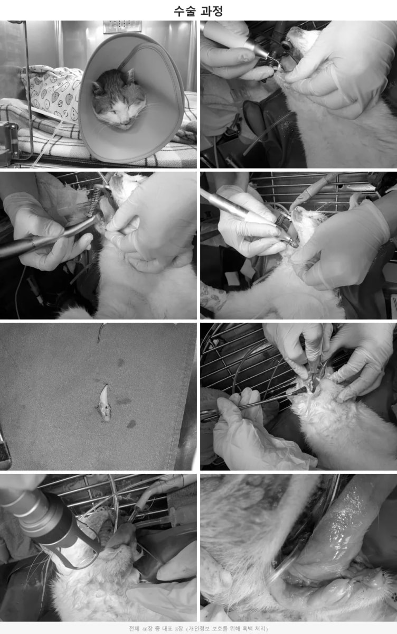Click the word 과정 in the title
pyautogui.click(x=212, y=11)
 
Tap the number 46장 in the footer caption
pyautogui.click(x=147, y=629)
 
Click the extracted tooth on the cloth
pyautogui.click(x=104, y=402)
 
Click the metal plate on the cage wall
pyautogui.click(x=122, y=26)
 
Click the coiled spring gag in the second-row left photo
pyautogui.click(x=94, y=202)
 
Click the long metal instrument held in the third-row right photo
pyautogui.click(x=254, y=402)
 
